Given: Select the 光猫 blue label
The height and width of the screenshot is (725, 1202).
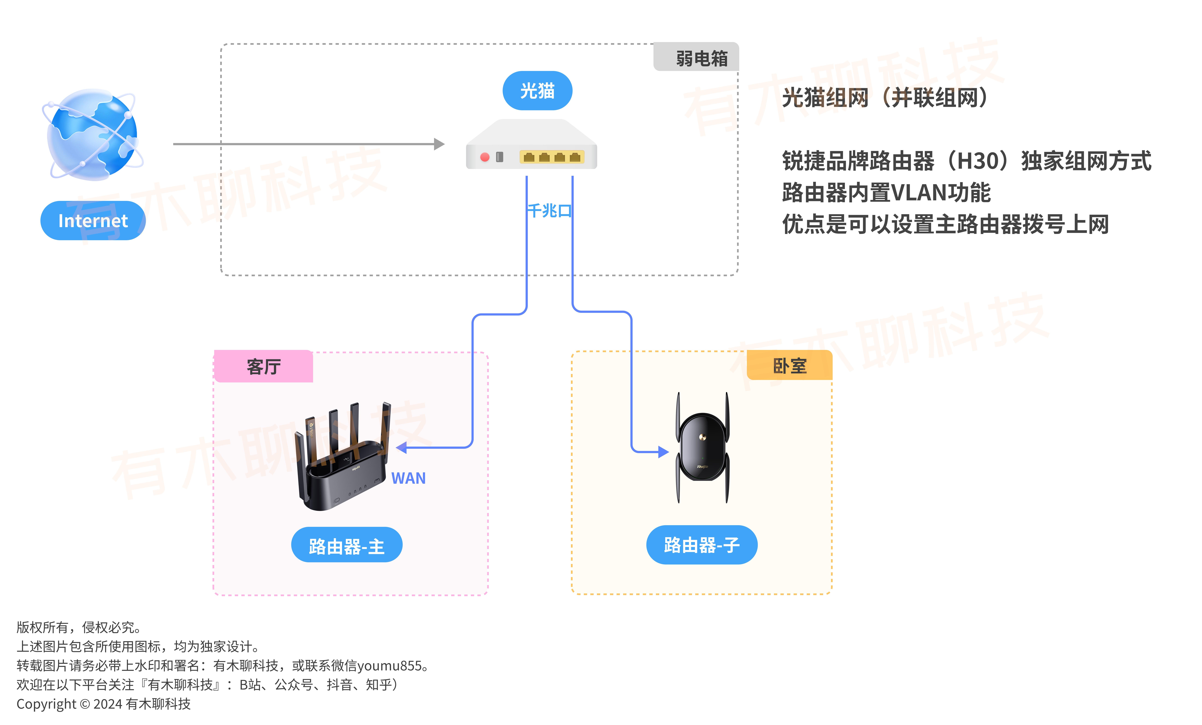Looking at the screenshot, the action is pos(537,91).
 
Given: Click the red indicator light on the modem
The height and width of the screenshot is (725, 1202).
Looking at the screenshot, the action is pos(484,157).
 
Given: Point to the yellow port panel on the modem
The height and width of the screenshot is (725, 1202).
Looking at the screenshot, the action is pos(552,157).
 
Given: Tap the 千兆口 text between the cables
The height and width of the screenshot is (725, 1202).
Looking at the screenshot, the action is pos(549,211).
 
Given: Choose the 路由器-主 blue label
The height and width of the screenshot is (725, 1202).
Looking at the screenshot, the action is pos(347,545).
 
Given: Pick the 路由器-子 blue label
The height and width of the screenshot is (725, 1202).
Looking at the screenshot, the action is pos(702,545).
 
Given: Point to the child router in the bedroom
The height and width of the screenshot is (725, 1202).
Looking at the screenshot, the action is pos(702,448).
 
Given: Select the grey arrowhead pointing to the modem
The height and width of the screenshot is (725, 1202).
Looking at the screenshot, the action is pos(439,144).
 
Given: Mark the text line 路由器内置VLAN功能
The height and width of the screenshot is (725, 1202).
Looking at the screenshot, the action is pos(886,193).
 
